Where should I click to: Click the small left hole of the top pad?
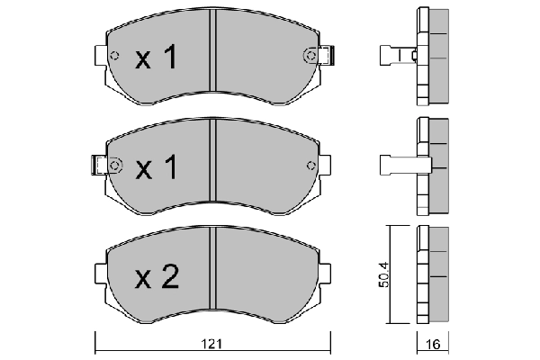click(x=113, y=57)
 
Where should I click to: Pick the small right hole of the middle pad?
click(x=310, y=165)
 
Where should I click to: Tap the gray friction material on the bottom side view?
click(x=437, y=274)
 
